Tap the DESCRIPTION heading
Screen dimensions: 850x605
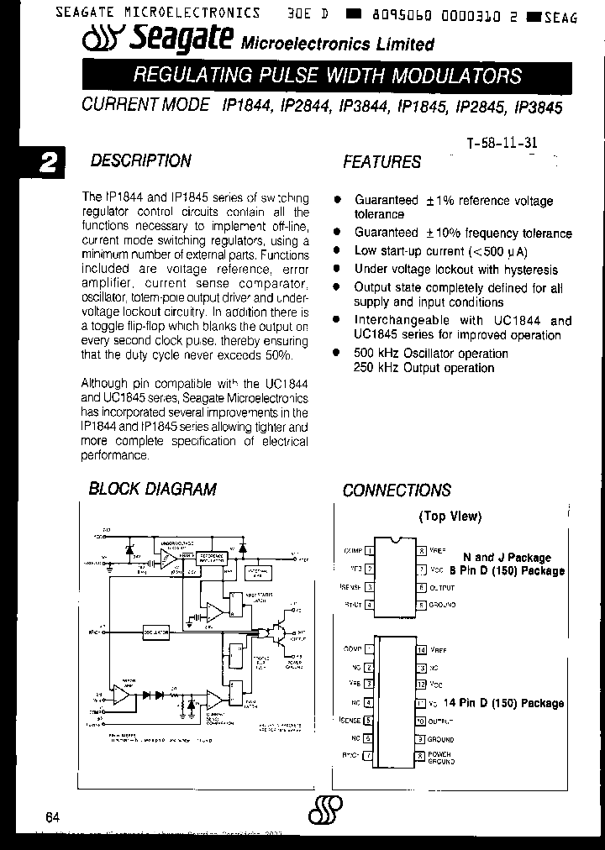click(x=140, y=160)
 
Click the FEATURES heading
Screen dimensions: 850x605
click(x=381, y=162)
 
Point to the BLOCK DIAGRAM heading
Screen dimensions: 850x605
click(x=152, y=489)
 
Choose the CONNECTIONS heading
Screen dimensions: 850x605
click(x=396, y=491)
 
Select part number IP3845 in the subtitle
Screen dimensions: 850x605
click(x=538, y=108)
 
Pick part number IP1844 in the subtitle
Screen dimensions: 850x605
click(x=246, y=108)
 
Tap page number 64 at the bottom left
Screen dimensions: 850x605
click(x=53, y=817)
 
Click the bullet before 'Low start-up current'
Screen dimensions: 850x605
click(x=338, y=251)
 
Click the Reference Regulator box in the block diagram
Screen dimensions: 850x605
click(x=213, y=558)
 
